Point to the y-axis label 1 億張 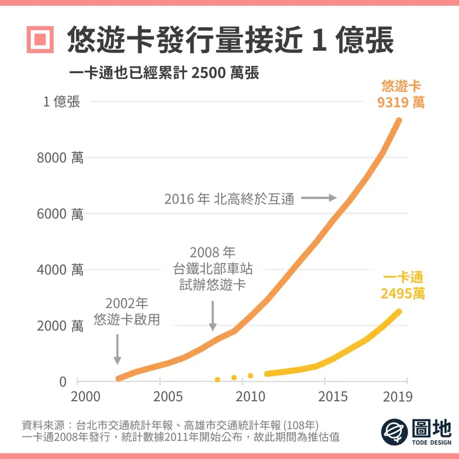(x=61, y=102)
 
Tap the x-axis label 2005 (x=167, y=397)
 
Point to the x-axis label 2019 (x=399, y=397)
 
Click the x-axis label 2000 (x=85, y=397)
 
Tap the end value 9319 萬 (x=401, y=102)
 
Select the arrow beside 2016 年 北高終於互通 (x=322, y=198)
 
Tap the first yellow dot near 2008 (x=217, y=379)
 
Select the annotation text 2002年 (x=127, y=304)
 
